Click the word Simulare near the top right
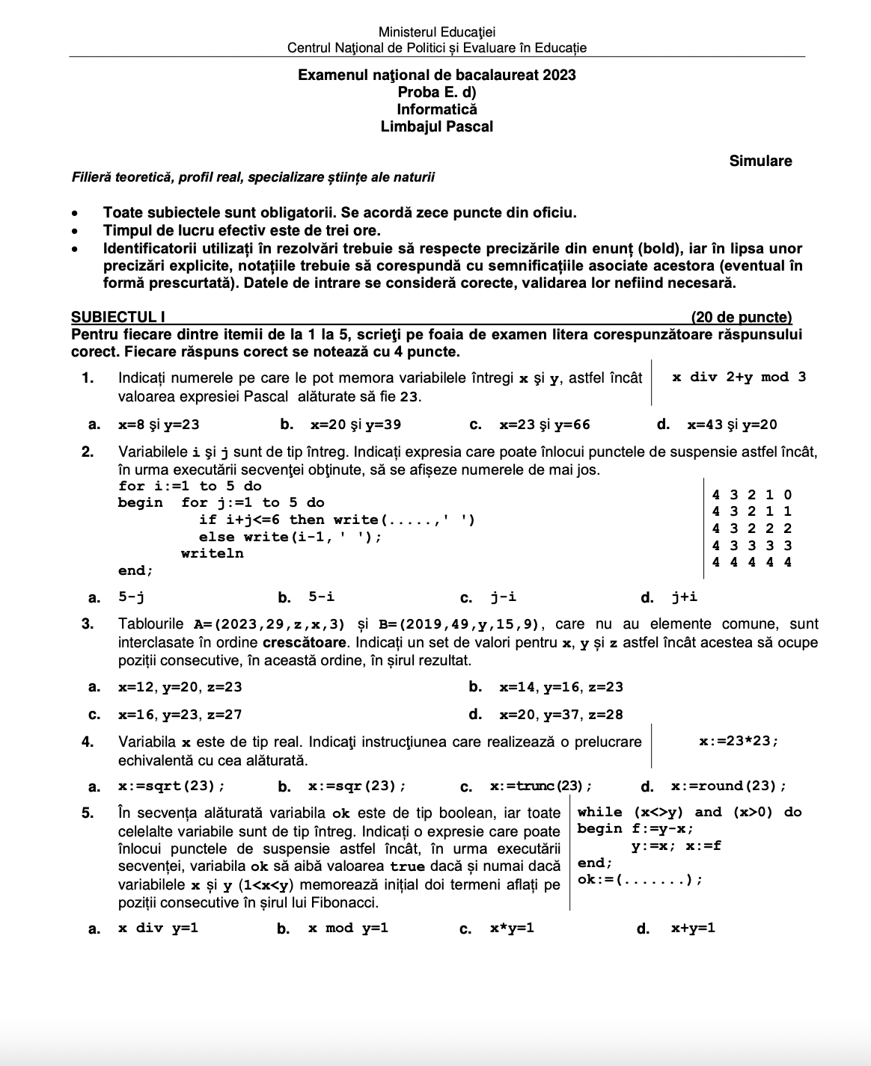[760, 161]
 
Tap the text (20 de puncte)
[741, 318]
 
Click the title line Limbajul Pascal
[436, 127]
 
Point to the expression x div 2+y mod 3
[739, 377]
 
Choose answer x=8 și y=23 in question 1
[159, 425]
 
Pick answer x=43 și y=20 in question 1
[732, 425]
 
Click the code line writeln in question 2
[212, 553]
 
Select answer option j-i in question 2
[503, 597]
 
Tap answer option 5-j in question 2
[131, 597]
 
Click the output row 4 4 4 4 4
[751, 562]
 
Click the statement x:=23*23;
[739, 741]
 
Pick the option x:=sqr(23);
[357, 786]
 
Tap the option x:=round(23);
[728, 786]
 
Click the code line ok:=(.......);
[640, 879]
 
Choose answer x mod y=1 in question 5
[348, 928]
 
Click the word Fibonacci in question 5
[345, 902]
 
